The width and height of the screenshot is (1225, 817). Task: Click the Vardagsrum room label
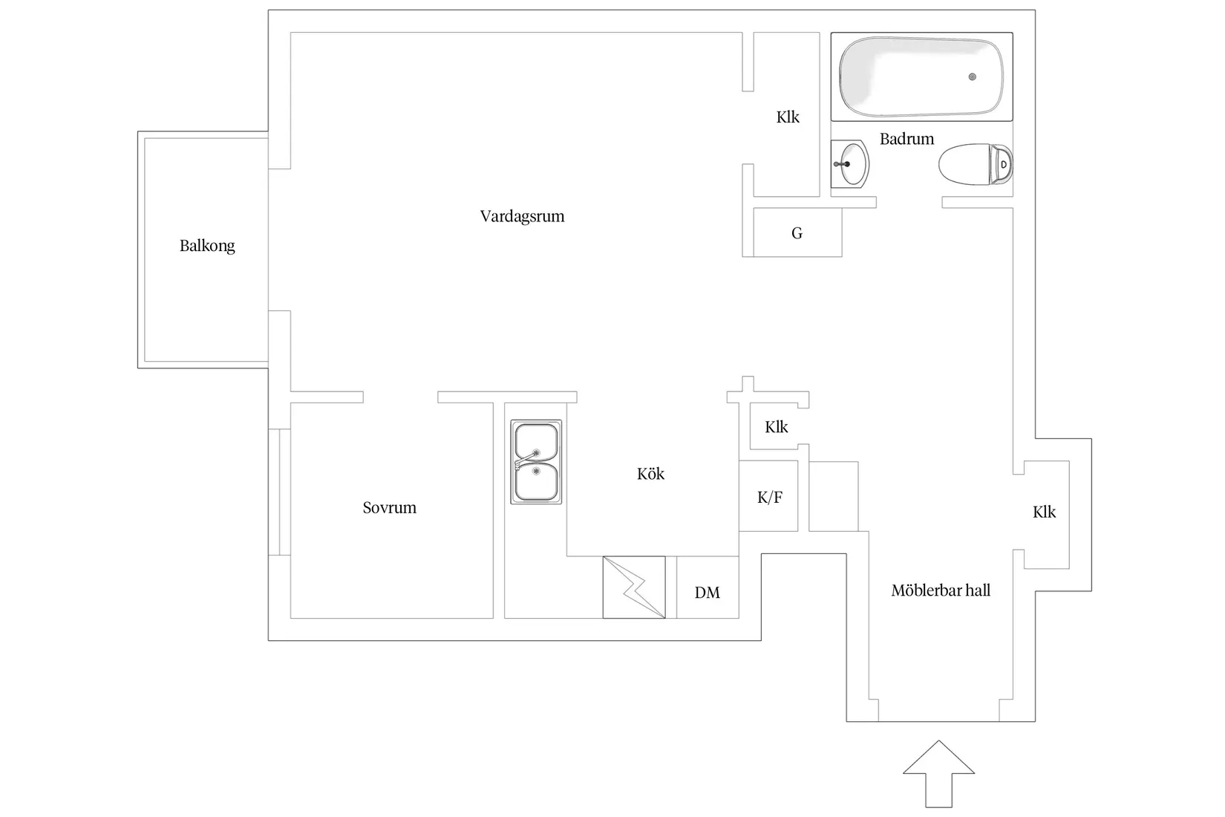(x=522, y=217)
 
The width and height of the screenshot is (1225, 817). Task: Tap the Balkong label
(x=207, y=246)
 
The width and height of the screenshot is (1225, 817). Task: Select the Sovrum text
(x=389, y=508)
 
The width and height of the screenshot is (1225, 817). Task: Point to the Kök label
(x=650, y=473)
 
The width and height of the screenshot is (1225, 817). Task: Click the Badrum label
(x=906, y=139)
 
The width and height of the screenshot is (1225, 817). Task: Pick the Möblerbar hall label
(x=941, y=590)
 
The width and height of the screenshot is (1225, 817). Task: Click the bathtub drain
(x=973, y=77)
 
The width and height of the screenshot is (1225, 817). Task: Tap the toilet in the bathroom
(x=976, y=164)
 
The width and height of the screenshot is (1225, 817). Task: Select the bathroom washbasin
(x=850, y=163)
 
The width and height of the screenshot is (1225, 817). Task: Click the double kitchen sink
(x=536, y=462)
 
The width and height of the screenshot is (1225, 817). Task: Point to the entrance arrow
(x=938, y=773)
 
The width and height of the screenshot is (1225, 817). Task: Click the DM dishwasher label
(x=707, y=593)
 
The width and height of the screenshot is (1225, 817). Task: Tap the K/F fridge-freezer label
(x=769, y=498)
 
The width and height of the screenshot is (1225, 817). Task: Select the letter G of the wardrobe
(x=797, y=234)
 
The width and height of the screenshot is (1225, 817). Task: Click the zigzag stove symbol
(x=634, y=587)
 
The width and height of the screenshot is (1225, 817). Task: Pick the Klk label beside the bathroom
(x=788, y=117)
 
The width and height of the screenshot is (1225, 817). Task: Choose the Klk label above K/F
(x=776, y=427)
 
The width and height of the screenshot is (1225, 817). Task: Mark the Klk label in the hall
(x=1044, y=512)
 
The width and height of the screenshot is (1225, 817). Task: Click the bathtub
(x=921, y=77)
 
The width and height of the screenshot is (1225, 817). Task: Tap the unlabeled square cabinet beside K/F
(x=834, y=496)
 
